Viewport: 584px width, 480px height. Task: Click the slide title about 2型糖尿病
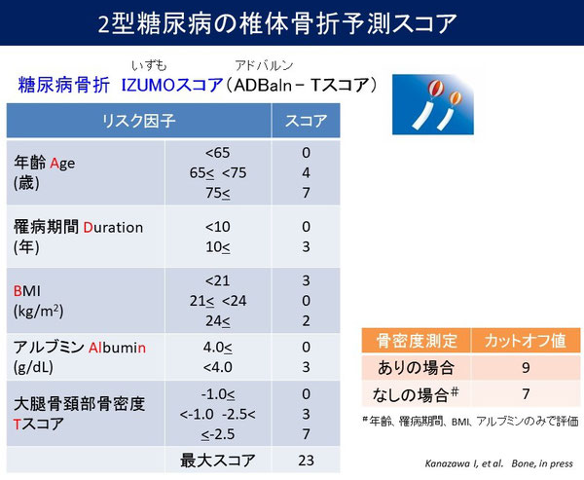point(277,23)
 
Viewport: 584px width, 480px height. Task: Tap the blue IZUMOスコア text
point(172,86)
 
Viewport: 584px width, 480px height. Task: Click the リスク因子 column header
point(138,121)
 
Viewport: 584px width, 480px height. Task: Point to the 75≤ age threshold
point(218,193)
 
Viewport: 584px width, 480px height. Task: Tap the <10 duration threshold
point(217,227)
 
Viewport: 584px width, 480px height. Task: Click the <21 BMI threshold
point(217,280)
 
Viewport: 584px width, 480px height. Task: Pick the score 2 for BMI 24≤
point(306,321)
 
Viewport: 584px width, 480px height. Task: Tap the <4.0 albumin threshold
point(218,367)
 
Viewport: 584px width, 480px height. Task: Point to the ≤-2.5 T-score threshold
point(218,434)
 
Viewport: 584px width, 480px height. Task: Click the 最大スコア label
point(217,461)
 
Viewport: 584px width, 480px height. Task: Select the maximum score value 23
point(306,461)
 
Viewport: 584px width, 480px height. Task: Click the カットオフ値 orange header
point(526,341)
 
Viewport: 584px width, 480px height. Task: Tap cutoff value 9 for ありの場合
point(526,368)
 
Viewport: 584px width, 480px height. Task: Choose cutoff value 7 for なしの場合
point(526,394)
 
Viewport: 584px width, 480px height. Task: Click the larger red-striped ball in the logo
point(435,88)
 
